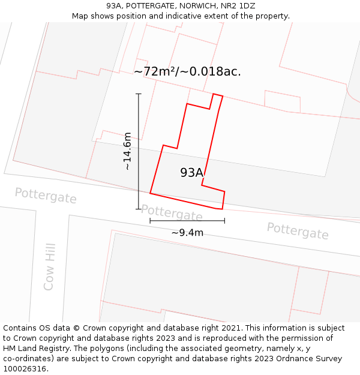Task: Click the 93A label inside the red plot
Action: [x=191, y=173]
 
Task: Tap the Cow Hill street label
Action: [x=49, y=267]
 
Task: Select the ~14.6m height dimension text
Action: [x=127, y=151]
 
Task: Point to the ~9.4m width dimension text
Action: [x=187, y=233]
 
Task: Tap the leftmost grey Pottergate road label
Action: [x=46, y=196]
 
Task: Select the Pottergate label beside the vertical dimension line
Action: [x=172, y=212]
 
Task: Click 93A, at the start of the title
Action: [x=115, y=6]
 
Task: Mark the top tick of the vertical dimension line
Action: [x=139, y=94]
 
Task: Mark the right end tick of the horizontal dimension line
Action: [x=224, y=221]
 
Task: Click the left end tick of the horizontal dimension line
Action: [x=150, y=221]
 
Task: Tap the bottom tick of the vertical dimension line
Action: [x=139, y=209]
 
